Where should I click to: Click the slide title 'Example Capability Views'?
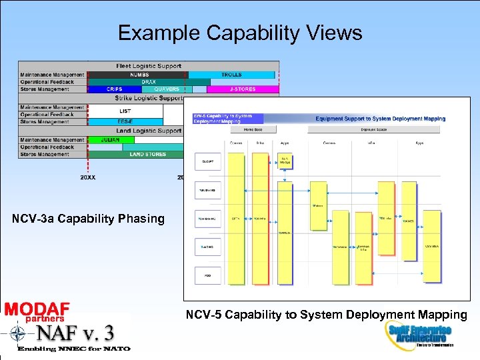point(240,33)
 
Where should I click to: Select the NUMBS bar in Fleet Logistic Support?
point(139,75)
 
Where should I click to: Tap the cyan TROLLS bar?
point(231,75)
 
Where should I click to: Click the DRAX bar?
point(148,82)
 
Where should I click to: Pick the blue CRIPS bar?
point(114,89)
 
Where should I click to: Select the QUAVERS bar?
point(166,89)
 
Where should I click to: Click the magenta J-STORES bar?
point(242,89)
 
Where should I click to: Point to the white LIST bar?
point(125,111)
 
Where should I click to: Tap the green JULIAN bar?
point(110,140)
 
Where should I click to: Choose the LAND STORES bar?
point(147,155)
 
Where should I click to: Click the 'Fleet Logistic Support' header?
point(149,66)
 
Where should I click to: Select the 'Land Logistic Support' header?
point(149,131)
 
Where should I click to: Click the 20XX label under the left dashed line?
point(87,177)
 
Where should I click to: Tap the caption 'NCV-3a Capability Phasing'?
point(88,219)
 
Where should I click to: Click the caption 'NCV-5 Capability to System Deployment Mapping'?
point(326,314)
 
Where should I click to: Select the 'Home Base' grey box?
point(253,130)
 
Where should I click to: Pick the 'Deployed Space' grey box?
point(373,130)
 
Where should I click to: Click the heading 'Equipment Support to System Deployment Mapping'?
point(380,119)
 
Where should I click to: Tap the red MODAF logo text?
point(37,309)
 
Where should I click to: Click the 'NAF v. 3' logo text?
point(75,332)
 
